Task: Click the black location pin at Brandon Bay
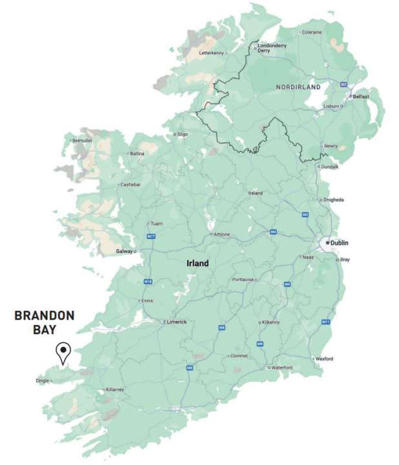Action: [63, 351]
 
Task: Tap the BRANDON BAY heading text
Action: [45, 322]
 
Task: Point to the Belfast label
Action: [361, 96]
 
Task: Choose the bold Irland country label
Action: [198, 263]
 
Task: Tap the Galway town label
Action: [124, 251]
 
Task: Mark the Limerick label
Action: [176, 321]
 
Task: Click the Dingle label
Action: [43, 380]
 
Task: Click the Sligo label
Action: [183, 134]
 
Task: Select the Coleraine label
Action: [311, 32]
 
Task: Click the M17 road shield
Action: [151, 237]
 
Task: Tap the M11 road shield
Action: [325, 322]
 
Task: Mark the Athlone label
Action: [221, 234]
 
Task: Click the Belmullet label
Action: [83, 140]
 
